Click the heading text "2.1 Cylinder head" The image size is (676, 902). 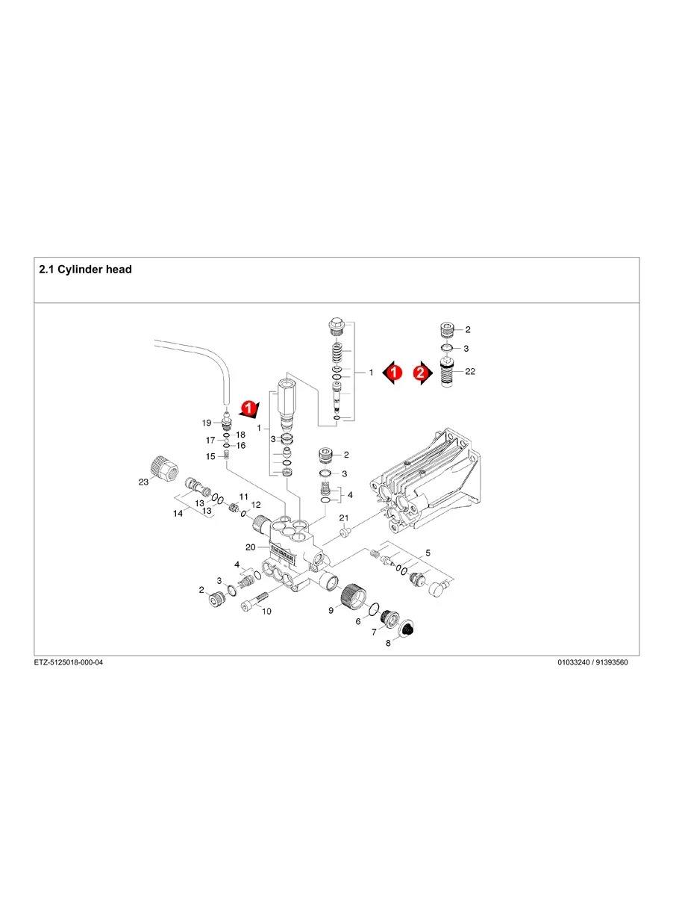tap(85, 270)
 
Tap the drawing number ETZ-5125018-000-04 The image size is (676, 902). tap(69, 662)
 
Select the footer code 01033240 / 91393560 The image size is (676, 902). tap(592, 662)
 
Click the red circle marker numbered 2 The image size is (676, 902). tap(420, 373)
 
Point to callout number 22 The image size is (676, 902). tap(470, 372)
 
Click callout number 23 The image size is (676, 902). tap(143, 482)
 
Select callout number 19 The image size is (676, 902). tap(207, 423)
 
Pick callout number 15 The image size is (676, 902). tap(210, 456)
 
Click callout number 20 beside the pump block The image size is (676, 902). tap(251, 547)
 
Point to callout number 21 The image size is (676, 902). tap(343, 518)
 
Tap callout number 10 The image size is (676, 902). tap(266, 612)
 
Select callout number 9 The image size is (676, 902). tap(331, 611)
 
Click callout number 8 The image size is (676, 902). tap(388, 644)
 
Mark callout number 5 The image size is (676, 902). tap(428, 553)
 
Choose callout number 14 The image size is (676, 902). tap(178, 514)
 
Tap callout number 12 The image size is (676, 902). tap(256, 505)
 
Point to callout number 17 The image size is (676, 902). tap(210, 441)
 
